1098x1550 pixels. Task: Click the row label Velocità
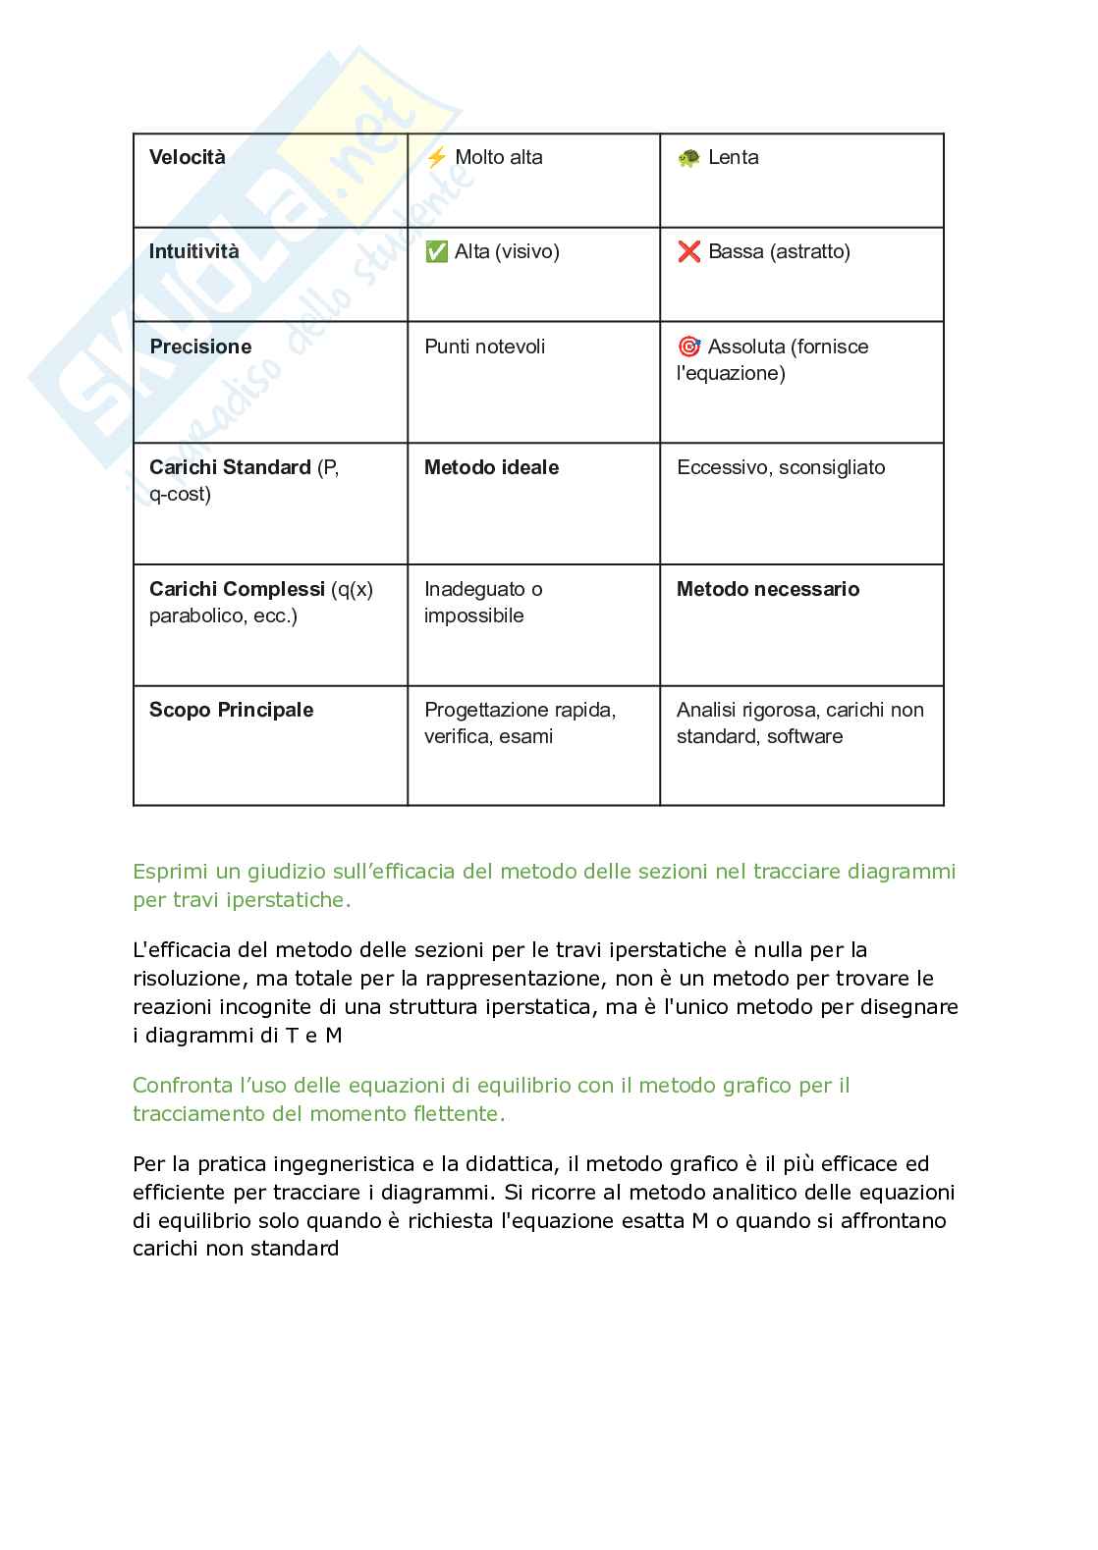pos(187,158)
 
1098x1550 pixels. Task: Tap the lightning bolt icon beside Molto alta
pos(436,157)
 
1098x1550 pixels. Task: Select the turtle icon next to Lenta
pos(688,158)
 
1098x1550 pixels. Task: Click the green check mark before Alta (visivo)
pos(436,252)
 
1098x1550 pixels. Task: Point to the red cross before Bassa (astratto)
pos(688,252)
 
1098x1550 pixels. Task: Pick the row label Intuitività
pos(193,252)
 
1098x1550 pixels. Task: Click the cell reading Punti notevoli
pos(484,347)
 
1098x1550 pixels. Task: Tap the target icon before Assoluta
pos(688,347)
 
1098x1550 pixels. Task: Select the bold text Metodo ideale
pos(491,468)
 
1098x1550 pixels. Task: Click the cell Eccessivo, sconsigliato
pos(781,468)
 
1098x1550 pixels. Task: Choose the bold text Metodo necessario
pos(768,590)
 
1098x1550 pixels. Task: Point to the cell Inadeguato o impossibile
pos(482,602)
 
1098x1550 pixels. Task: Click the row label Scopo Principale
pos(231,711)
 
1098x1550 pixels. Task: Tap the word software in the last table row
pos(805,737)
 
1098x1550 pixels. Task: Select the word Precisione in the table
pos(200,347)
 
